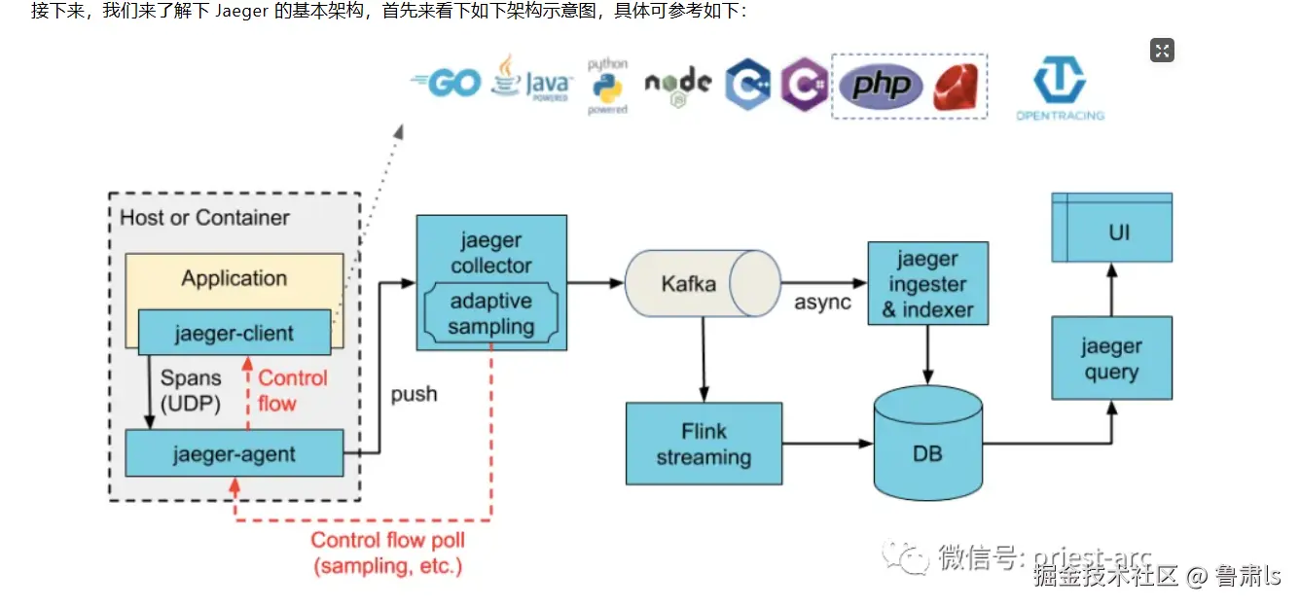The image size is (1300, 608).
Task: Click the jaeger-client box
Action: tap(234, 333)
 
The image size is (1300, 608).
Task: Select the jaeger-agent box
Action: tap(234, 453)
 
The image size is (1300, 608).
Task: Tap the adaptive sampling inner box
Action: tap(491, 313)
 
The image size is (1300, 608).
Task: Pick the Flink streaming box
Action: tap(704, 444)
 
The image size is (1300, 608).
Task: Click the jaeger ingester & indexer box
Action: tap(927, 284)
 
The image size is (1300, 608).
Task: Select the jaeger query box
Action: tap(1111, 359)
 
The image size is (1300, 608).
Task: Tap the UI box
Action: tap(1111, 232)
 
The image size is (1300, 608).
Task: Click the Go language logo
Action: tap(447, 84)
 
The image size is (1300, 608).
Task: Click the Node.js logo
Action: tap(677, 86)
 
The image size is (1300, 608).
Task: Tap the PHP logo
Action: tap(882, 86)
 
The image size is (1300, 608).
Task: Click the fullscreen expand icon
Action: tap(1162, 51)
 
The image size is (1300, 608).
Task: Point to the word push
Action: tap(414, 394)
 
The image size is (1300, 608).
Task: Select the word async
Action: tap(822, 302)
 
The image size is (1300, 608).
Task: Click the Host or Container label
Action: tap(204, 218)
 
